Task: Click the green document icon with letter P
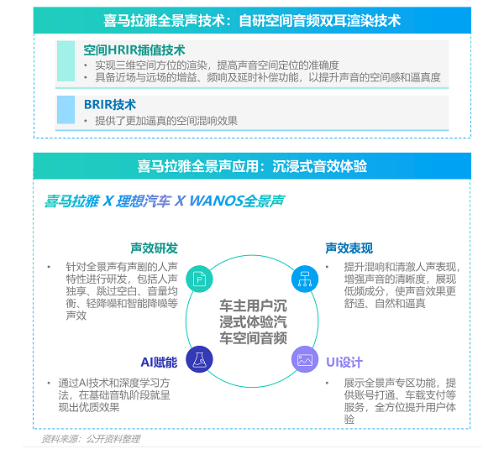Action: pyautogui.click(x=199, y=279)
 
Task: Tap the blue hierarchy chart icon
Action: pyautogui.click(x=305, y=279)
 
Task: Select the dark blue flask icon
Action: pyautogui.click(x=199, y=359)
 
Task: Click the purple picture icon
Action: pyautogui.click(x=305, y=359)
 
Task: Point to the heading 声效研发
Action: pyautogui.click(x=154, y=248)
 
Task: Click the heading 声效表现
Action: pyautogui.click(x=349, y=248)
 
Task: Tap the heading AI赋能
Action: pyautogui.click(x=159, y=363)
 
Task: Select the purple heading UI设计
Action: pyautogui.click(x=344, y=363)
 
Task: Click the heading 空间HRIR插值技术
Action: pyautogui.click(x=134, y=50)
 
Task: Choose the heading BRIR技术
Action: pyautogui.click(x=110, y=105)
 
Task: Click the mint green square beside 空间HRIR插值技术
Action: pyautogui.click(x=66, y=61)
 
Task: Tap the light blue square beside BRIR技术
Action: pyautogui.click(x=66, y=109)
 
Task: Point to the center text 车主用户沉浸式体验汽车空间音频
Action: pyautogui.click(x=253, y=321)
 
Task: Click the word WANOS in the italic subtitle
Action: pyautogui.click(x=215, y=201)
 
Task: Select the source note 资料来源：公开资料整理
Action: pyautogui.click(x=91, y=439)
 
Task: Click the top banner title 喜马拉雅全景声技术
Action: pyautogui.click(x=164, y=20)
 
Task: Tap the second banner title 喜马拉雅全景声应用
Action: pyautogui.click(x=197, y=166)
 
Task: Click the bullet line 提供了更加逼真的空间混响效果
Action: pyautogui.click(x=166, y=121)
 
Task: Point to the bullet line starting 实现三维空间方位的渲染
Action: pyautogui.click(x=217, y=65)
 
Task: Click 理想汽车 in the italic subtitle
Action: pyautogui.click(x=143, y=201)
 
